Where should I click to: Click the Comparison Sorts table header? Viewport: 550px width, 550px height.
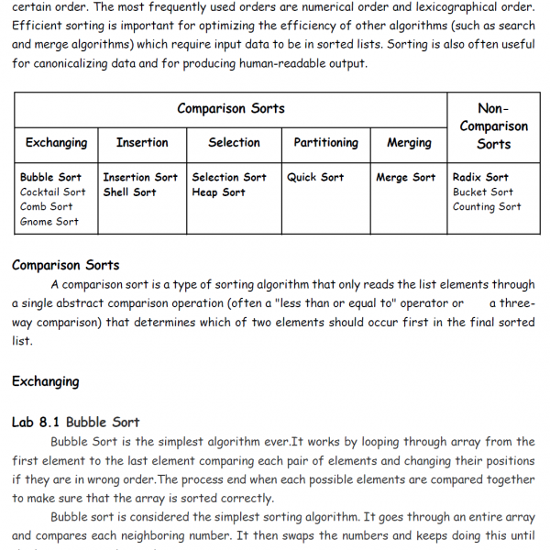click(x=231, y=109)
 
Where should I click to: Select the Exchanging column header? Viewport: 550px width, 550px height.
click(x=57, y=143)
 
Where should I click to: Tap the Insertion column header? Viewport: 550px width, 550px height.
click(x=142, y=143)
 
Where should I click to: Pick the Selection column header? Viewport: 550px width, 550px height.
click(x=234, y=143)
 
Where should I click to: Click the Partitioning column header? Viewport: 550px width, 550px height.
click(x=325, y=143)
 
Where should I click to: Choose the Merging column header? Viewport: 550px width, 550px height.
click(x=409, y=143)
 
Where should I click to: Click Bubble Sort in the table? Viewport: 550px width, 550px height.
click(x=50, y=178)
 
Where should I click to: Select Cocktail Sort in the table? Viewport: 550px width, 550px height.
click(x=53, y=192)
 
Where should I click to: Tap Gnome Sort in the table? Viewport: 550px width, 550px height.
click(x=49, y=222)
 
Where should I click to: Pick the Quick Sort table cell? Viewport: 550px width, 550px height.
click(x=315, y=178)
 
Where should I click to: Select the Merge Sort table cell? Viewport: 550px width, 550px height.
click(x=406, y=178)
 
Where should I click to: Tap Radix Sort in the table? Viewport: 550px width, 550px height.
click(x=480, y=178)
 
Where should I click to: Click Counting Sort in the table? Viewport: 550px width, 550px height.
click(x=487, y=207)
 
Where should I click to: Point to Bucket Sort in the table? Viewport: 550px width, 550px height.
click(x=483, y=192)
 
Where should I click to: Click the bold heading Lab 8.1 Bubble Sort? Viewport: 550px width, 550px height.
click(x=76, y=423)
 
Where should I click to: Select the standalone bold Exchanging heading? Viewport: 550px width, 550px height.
click(x=46, y=382)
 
